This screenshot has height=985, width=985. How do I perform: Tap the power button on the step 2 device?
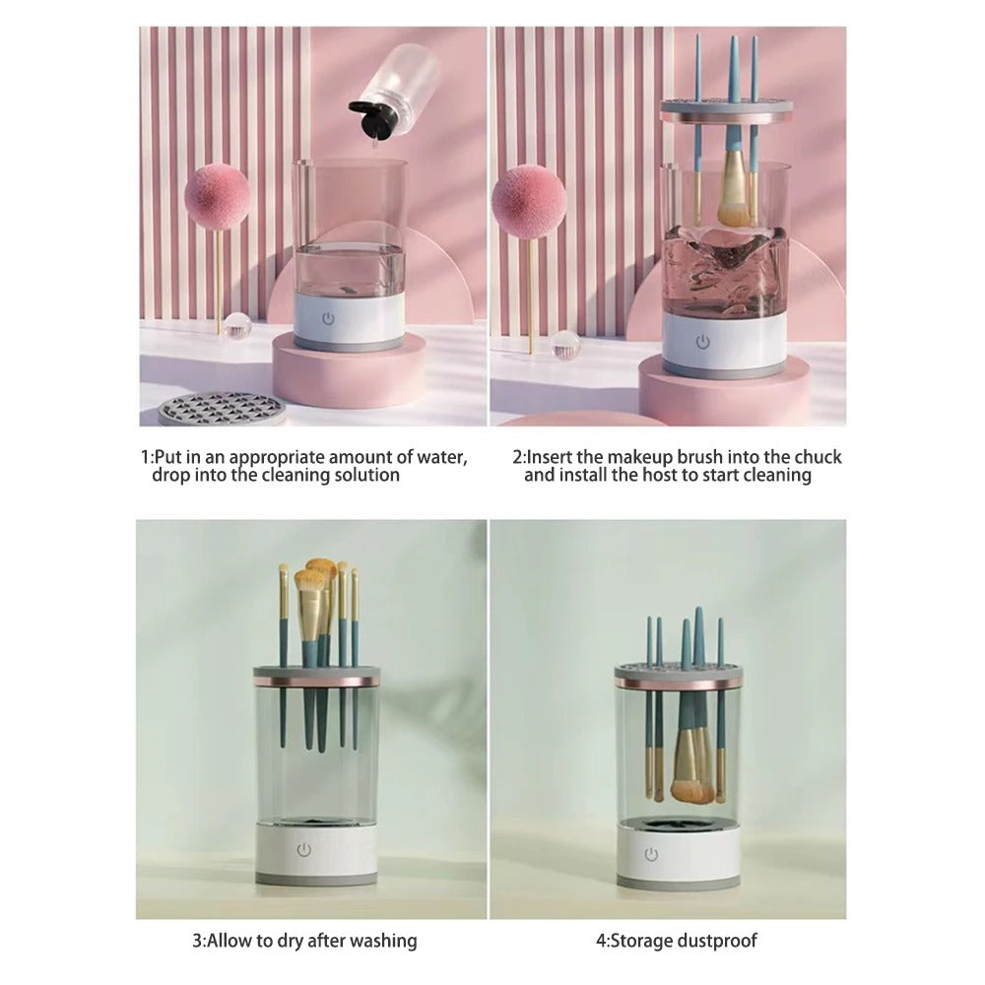pos(702,342)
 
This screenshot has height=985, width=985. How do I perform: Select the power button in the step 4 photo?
pos(651,854)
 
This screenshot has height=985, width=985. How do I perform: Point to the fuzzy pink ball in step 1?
pos(217,197)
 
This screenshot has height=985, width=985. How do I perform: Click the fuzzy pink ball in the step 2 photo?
pos(529,200)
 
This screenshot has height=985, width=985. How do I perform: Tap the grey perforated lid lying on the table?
pos(222,408)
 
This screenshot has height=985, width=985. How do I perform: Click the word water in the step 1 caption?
pos(443,457)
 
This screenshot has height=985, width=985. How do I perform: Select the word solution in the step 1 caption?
pos(365,476)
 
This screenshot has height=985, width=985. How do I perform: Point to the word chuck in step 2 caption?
pos(819,457)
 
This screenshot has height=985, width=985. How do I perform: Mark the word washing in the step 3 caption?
pos(382,941)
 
